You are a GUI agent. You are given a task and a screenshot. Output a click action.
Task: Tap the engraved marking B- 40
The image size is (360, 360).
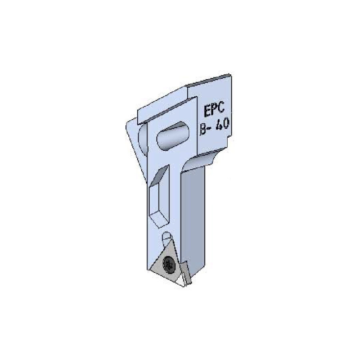tap(214, 126)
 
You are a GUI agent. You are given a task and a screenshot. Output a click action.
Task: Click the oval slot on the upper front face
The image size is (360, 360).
tap(174, 134)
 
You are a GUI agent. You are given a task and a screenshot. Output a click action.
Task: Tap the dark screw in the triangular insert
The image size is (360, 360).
tap(169, 264)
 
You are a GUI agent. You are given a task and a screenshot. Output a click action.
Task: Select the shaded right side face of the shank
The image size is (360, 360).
tap(198, 208)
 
